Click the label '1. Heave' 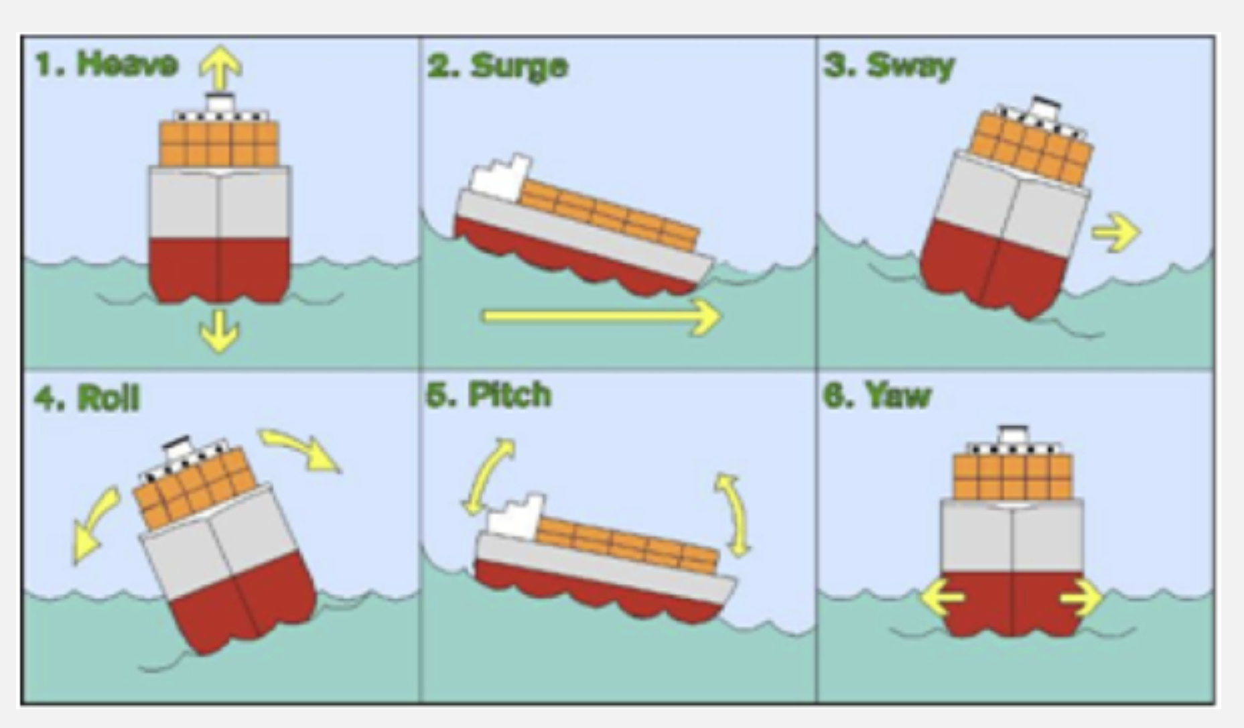coord(107,64)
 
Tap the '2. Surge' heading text coord(497,66)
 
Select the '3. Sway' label coord(889,66)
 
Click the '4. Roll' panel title coord(87,398)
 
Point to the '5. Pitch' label coord(489,395)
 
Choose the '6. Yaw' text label coord(878,395)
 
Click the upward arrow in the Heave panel coord(220,68)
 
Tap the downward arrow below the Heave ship coord(220,332)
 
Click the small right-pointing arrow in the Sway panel coord(1115,233)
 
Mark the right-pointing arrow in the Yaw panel coord(1081,597)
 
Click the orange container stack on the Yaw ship coord(1012,476)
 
